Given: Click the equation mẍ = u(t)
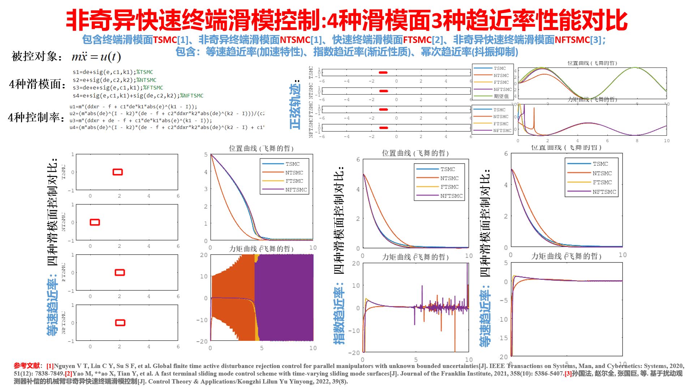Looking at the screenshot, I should click(96, 57).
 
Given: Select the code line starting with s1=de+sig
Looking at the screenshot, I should click(113, 72).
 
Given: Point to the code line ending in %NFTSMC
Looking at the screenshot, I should click(138, 96).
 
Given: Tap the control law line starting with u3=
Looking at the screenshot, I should click(141, 121).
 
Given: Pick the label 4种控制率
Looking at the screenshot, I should click(36, 117).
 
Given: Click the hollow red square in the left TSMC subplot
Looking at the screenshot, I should click(118, 172).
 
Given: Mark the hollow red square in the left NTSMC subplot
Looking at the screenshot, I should click(95, 222).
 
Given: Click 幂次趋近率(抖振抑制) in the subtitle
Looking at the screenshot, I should click(470, 52).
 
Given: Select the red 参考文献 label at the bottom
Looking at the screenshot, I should click(27, 366).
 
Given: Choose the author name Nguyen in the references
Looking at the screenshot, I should click(65, 366).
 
